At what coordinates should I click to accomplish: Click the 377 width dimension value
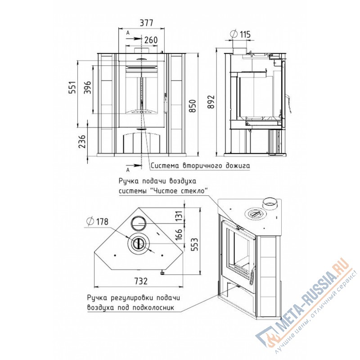(x=146, y=23)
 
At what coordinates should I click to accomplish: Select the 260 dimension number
(x=151, y=40)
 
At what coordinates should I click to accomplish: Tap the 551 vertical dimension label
(x=73, y=87)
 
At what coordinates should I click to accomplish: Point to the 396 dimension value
(x=87, y=87)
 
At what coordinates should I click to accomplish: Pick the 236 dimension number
(x=82, y=141)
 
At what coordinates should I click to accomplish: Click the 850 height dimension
(x=193, y=106)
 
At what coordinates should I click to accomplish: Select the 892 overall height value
(x=211, y=102)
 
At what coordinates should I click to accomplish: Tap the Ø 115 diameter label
(x=240, y=35)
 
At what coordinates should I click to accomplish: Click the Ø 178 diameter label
(x=97, y=221)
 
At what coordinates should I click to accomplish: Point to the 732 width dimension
(x=141, y=281)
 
